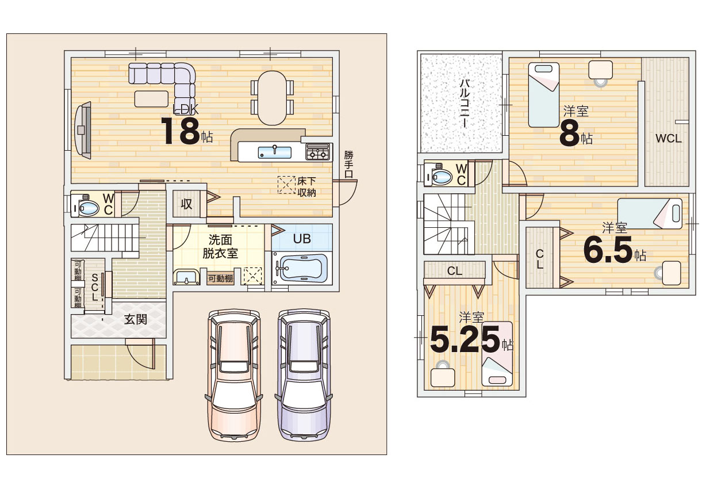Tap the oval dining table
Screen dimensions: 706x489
pyautogui.click(x=273, y=98)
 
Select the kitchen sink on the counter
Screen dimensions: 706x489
pyautogui.click(x=274, y=152)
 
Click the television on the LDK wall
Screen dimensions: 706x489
pyautogui.click(x=83, y=130)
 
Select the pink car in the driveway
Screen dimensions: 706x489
pyautogui.click(x=234, y=375)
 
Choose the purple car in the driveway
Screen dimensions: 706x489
pyautogui.click(x=304, y=375)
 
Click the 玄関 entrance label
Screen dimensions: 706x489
pyautogui.click(x=136, y=320)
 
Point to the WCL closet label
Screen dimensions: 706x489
pyautogui.click(x=668, y=138)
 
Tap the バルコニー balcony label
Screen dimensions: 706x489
pyautogui.click(x=465, y=104)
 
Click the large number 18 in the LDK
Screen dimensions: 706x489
pyautogui.click(x=181, y=131)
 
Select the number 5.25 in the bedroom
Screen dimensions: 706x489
pyautogui.click(x=465, y=339)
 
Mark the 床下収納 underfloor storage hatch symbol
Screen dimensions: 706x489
pyautogui.click(x=286, y=185)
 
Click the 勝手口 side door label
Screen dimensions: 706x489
pyautogui.click(x=348, y=165)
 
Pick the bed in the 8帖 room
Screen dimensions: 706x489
pyautogui.click(x=544, y=95)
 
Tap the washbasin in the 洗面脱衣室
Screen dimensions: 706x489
pyautogui.click(x=186, y=277)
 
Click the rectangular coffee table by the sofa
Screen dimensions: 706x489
pyautogui.click(x=151, y=99)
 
